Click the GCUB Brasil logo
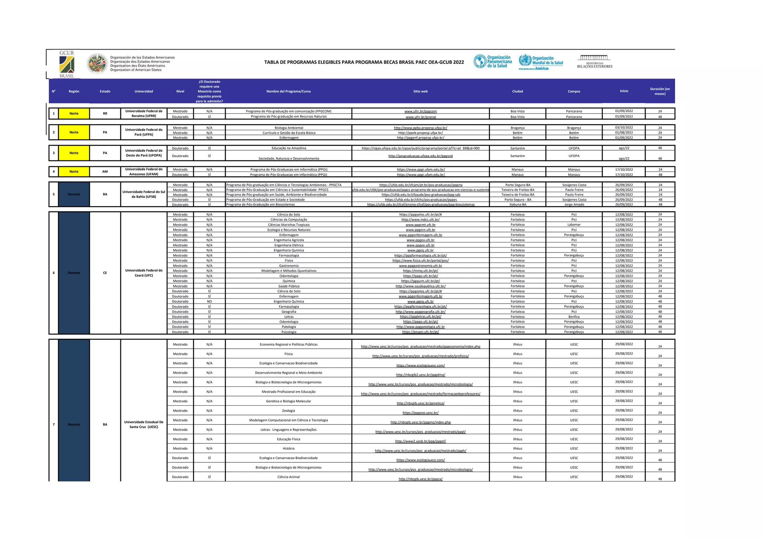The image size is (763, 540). point(67,64)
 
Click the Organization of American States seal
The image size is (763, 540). point(97,63)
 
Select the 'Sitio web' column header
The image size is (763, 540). point(420,91)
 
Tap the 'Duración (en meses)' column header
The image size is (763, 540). point(659,91)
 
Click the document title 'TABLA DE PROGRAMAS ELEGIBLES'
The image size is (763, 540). point(364,62)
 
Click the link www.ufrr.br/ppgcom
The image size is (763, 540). point(420,111)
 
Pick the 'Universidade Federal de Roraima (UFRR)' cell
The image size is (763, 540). point(144,113)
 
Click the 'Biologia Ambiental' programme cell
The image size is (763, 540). point(289,128)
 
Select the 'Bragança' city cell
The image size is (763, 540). point(517,128)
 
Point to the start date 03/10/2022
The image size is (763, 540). point(624,128)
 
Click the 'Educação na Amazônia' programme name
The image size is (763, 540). point(289,148)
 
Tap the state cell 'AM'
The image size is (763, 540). point(105,172)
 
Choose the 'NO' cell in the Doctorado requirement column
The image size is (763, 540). point(209,301)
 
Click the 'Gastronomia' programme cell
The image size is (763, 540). point(289,266)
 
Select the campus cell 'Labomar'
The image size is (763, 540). point(574,225)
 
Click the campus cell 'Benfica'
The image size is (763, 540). point(574,317)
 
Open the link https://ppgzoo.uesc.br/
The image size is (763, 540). point(420,413)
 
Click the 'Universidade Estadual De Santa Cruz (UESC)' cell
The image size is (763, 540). point(144,424)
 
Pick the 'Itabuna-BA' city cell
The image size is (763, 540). point(517,204)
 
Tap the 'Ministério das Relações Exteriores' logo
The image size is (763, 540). point(595,62)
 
